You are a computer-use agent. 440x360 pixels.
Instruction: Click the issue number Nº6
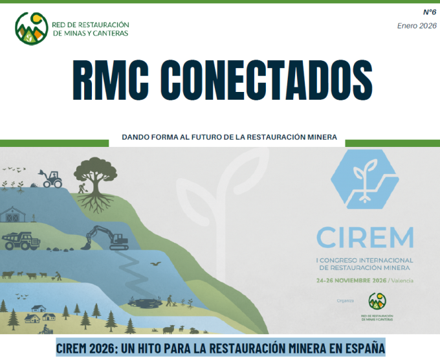(x=429, y=12)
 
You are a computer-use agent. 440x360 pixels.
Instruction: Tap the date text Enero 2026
(x=417, y=26)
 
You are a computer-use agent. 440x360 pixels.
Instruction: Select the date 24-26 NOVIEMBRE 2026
(x=352, y=280)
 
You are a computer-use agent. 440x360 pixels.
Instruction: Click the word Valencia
(x=402, y=280)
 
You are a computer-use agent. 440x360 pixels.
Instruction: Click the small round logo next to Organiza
(x=377, y=300)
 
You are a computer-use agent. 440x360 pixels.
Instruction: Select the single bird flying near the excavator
(x=155, y=264)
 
